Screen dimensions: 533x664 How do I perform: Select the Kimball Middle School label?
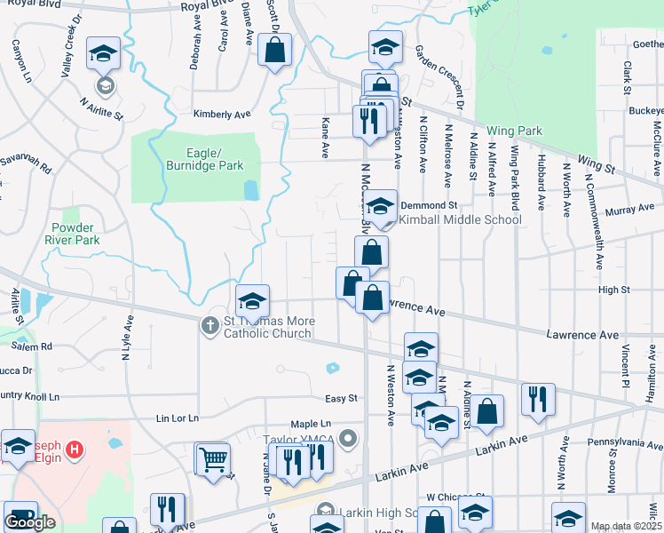pos(459,219)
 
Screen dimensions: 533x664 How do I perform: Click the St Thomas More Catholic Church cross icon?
pos(209,325)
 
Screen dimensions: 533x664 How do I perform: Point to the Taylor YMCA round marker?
pos(347,438)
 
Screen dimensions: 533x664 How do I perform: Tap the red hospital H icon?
pos(75,449)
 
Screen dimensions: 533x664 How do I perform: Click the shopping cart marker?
pos(213,460)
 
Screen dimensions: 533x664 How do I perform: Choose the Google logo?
pos(30,522)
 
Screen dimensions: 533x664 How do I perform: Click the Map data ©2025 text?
pos(627,526)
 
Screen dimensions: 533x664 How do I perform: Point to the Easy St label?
pos(341,399)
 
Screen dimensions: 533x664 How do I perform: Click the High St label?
pos(613,290)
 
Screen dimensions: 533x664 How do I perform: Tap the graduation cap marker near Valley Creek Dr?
pos(103,53)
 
